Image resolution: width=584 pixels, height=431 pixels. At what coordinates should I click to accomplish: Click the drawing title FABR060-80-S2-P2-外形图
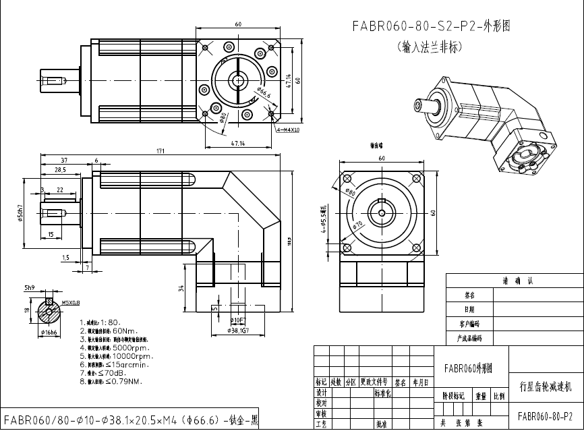pyautogui.click(x=431, y=27)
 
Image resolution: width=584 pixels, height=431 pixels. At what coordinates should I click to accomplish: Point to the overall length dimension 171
pyautogui.click(x=160, y=151)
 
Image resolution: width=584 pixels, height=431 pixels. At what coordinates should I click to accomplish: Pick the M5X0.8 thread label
pyautogui.click(x=71, y=302)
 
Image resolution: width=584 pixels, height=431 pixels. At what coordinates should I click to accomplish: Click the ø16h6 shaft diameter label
pyautogui.click(x=49, y=333)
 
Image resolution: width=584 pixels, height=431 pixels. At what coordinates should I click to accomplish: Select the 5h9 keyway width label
pyautogui.click(x=30, y=288)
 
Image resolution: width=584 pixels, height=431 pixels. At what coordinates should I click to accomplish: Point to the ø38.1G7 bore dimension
pyautogui.click(x=239, y=331)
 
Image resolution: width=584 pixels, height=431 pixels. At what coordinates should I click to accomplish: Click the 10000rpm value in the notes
pyautogui.click(x=134, y=356)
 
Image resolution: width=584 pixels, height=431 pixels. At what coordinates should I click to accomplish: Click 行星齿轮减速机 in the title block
pyautogui.click(x=545, y=387)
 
